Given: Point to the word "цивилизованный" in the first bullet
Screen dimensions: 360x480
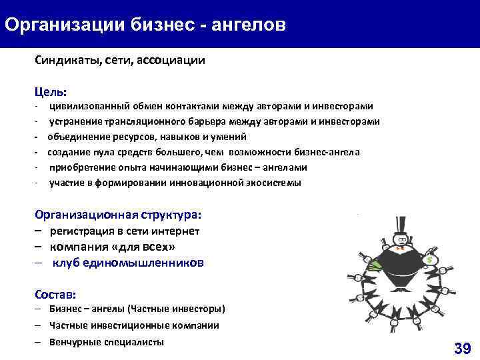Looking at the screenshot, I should (x=86, y=106).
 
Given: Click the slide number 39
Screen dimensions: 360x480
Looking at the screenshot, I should (x=462, y=347).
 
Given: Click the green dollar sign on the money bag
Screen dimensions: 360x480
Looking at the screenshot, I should (x=431, y=259).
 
